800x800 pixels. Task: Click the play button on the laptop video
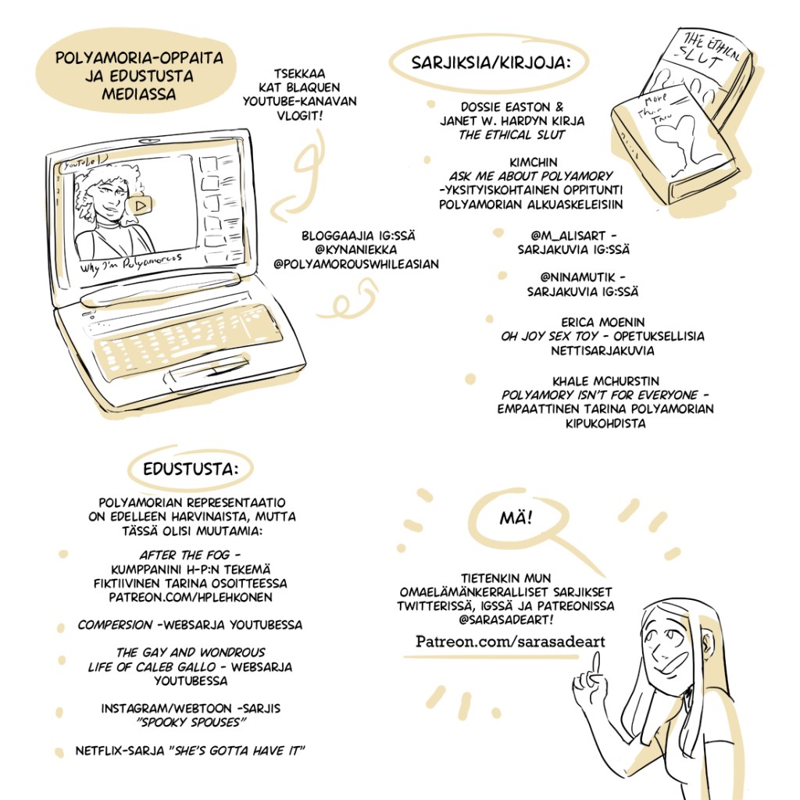(140, 205)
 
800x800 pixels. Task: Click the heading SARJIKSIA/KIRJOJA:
(491, 62)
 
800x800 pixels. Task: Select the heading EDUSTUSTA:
(191, 469)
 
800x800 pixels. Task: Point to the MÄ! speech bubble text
(516, 518)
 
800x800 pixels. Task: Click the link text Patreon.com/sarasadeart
(509, 641)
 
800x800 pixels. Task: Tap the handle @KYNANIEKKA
(356, 250)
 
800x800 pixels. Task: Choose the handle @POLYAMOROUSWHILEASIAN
(356, 264)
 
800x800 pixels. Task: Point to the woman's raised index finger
(596, 666)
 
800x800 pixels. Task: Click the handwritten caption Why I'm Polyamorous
(131, 263)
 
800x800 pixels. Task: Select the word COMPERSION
(116, 625)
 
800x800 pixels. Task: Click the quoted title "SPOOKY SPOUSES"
(191, 723)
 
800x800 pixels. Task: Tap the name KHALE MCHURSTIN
(605, 381)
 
